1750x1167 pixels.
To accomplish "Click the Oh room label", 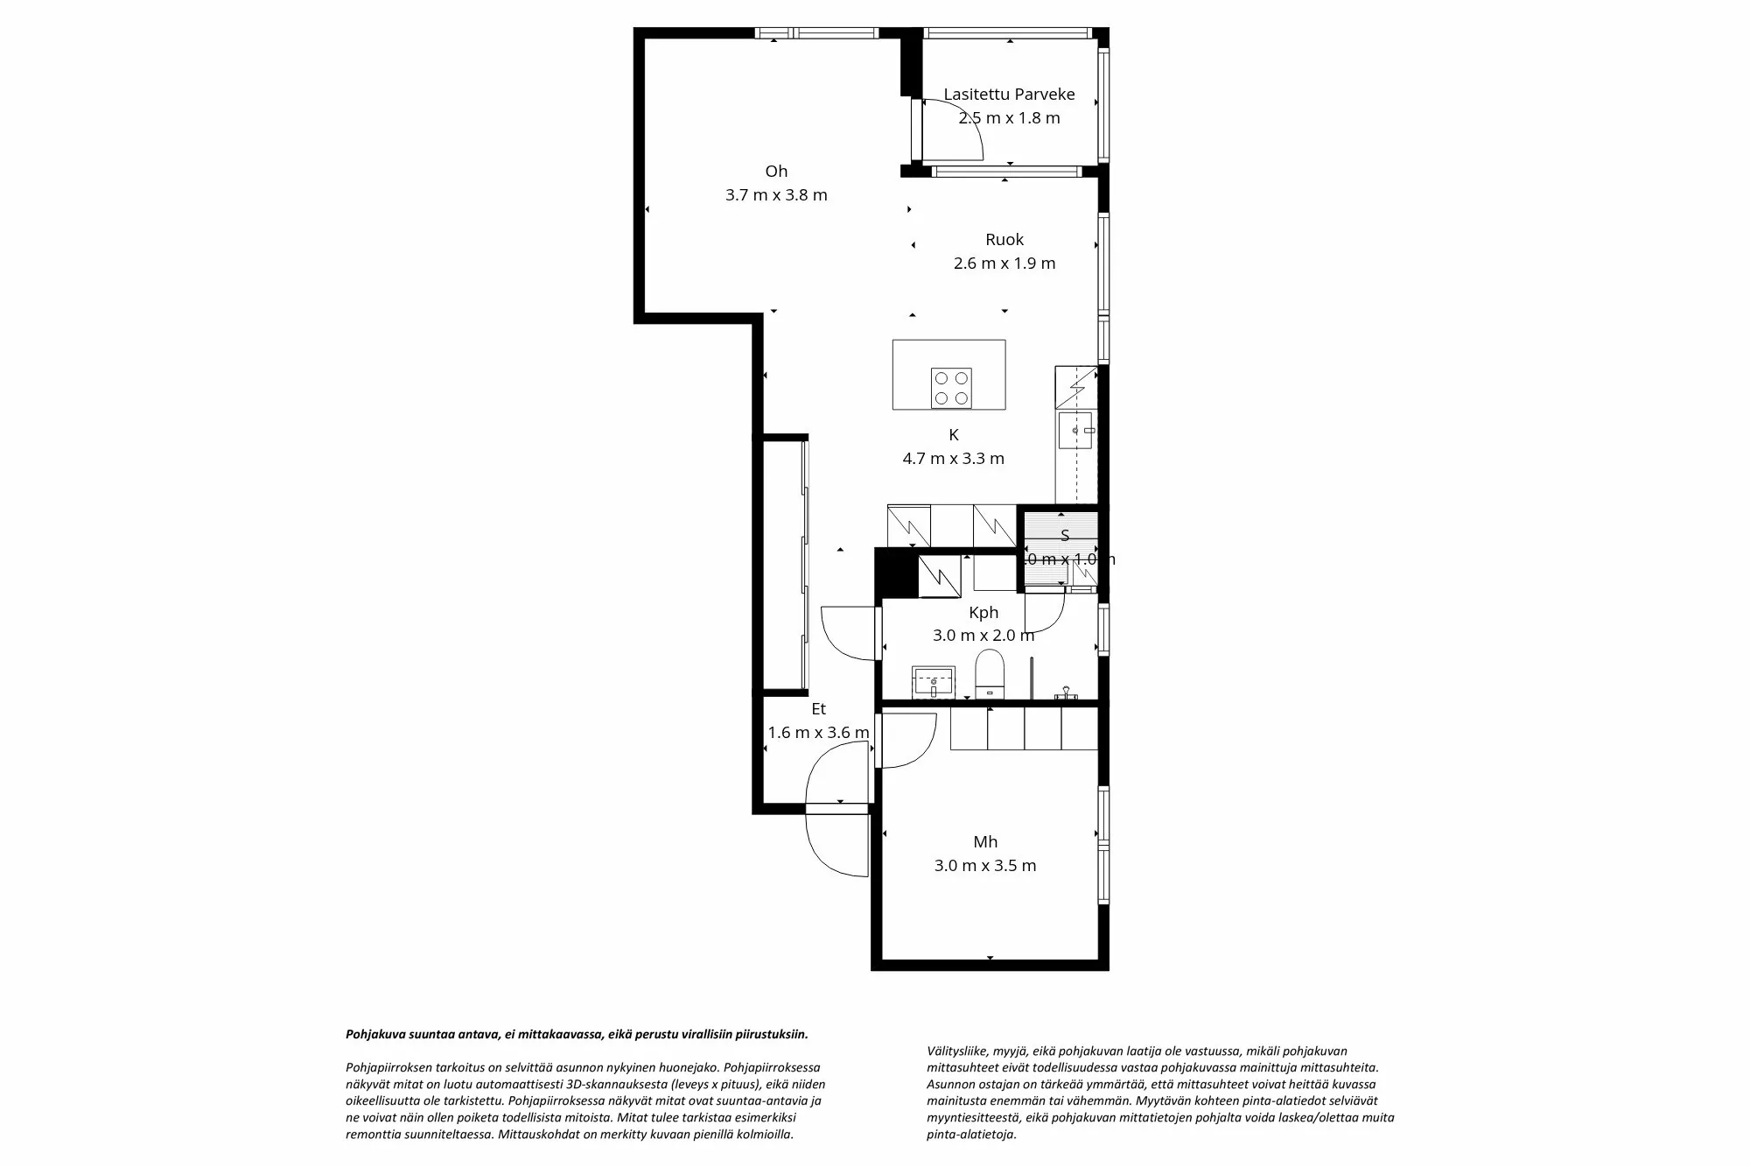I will (776, 172).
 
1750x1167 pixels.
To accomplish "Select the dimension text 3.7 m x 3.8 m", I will (776, 195).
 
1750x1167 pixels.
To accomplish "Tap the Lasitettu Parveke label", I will (1009, 95).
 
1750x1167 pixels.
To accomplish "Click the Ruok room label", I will (1004, 240).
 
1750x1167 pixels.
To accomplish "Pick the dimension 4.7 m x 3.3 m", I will (953, 459).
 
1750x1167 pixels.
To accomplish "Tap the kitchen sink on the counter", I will (1074, 431).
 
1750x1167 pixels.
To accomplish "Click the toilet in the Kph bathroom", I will (990, 673).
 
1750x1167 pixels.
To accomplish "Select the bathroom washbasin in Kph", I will (934, 681).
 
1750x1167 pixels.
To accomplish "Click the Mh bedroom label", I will (985, 842).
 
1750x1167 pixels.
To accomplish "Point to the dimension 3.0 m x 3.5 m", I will (985, 866).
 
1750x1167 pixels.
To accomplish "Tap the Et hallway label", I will (818, 709).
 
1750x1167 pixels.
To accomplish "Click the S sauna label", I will (1065, 536).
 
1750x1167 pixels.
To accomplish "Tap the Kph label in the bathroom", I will (983, 613).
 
